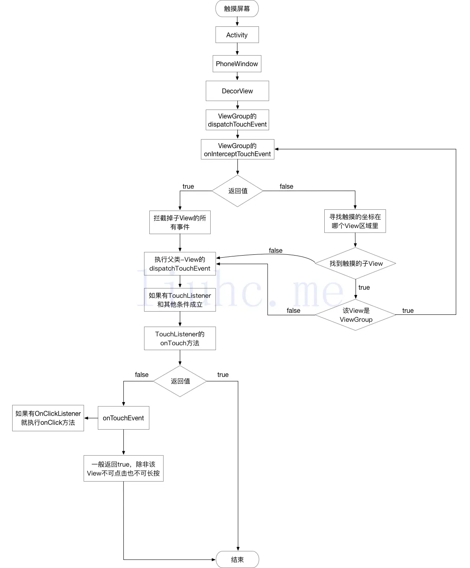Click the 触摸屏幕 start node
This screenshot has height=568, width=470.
pos(237,9)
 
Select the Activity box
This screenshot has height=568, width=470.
pos(237,35)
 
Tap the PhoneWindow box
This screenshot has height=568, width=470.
pos(237,64)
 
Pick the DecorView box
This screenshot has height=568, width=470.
pos(237,91)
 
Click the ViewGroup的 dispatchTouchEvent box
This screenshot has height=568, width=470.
pos(237,120)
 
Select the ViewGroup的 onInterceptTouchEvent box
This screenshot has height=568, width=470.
pos(237,150)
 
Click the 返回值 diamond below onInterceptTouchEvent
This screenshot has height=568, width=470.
pos(237,191)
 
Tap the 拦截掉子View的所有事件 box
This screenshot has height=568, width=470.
pos(180,222)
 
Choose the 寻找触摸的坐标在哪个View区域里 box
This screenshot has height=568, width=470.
pos(355,221)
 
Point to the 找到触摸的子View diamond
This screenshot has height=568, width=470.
pos(356,263)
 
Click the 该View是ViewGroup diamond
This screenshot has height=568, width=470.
pos(356,315)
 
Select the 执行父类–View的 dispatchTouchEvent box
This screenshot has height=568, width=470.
pos(180,264)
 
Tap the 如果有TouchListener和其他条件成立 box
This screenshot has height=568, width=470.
pos(180,300)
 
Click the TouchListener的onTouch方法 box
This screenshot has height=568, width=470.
pos(180,338)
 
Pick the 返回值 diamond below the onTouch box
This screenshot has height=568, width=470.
pos(180,381)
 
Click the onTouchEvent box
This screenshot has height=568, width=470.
pos(123,418)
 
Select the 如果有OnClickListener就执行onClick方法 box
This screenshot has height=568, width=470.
pos(48,418)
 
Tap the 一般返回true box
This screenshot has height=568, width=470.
pos(123,469)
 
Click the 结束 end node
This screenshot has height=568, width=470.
pos(237,559)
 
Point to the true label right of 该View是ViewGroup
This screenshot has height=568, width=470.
pos(408,310)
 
